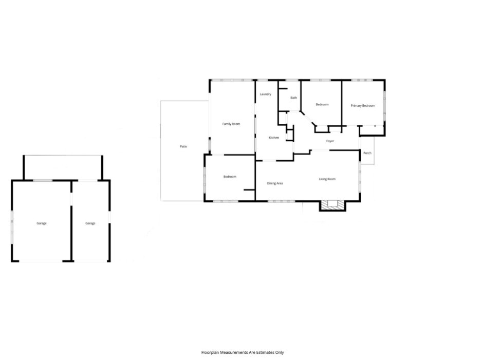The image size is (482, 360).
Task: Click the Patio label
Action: point(183,146)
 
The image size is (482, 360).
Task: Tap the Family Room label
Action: point(231,124)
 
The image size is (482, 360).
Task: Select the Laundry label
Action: point(266,94)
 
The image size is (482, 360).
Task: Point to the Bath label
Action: point(293,98)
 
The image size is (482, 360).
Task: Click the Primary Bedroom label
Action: point(363,106)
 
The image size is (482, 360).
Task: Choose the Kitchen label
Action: point(274,138)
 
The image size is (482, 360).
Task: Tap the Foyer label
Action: point(330,141)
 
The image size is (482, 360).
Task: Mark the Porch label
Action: point(367,153)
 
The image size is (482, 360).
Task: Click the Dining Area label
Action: point(275,183)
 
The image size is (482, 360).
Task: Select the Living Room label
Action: point(327,179)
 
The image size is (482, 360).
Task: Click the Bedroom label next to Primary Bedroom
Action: point(322,104)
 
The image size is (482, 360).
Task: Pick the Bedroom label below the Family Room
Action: point(230,177)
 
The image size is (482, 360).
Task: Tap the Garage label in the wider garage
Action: point(42,223)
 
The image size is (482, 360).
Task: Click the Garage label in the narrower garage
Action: point(90,223)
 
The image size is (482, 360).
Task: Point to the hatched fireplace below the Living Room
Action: point(332,205)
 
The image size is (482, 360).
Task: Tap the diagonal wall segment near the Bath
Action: point(308,118)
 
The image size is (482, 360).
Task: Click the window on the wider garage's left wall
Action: point(12,227)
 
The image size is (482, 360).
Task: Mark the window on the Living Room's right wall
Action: point(360,178)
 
